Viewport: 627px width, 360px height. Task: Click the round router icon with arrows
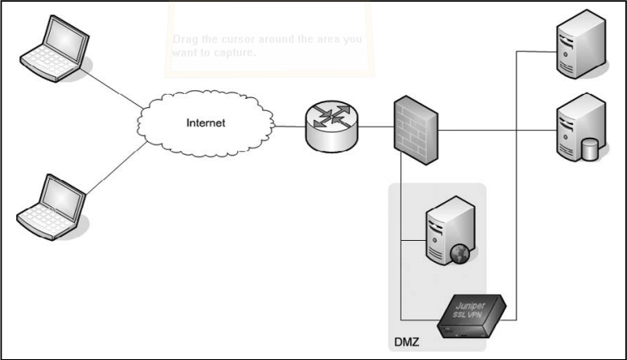tap(330, 128)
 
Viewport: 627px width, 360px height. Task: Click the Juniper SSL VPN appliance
tap(472, 315)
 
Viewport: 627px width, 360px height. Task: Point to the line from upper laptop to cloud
tap(114, 88)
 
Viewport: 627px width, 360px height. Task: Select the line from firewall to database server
tap(499, 129)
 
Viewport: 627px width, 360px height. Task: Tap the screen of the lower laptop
tap(63, 196)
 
